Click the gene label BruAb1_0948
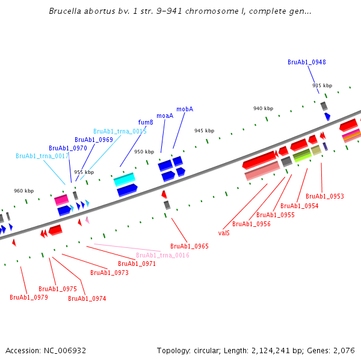click(x=307, y=62)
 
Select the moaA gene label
click(x=165, y=116)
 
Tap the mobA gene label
click(x=185, y=109)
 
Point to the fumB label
click(x=146, y=122)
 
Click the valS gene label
click(x=224, y=232)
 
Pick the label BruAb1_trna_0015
click(x=120, y=131)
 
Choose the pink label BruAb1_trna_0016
click(x=162, y=255)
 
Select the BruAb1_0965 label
click(x=190, y=246)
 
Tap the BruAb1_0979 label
click(x=29, y=297)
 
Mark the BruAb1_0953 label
click(x=325, y=196)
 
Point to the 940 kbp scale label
click(x=263, y=108)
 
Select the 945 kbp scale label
click(x=204, y=131)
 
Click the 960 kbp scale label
click(x=24, y=191)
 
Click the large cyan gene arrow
click(x=124, y=179)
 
